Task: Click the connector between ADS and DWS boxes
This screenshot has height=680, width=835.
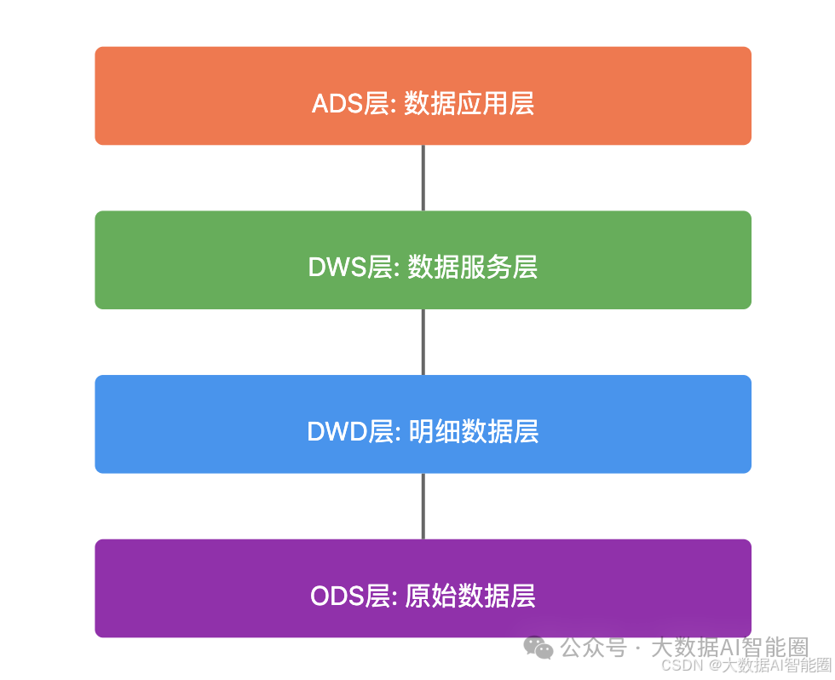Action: point(423,177)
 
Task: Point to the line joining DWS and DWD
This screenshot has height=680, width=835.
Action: point(423,342)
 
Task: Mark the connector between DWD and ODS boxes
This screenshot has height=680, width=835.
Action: point(423,505)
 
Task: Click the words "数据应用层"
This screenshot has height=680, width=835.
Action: point(469,104)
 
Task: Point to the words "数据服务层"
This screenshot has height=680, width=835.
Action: point(473,268)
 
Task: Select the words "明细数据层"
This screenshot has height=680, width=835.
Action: point(473,431)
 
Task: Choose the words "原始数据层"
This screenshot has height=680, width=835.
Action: point(470,596)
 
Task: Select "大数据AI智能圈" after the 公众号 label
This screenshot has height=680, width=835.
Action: point(729,647)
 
